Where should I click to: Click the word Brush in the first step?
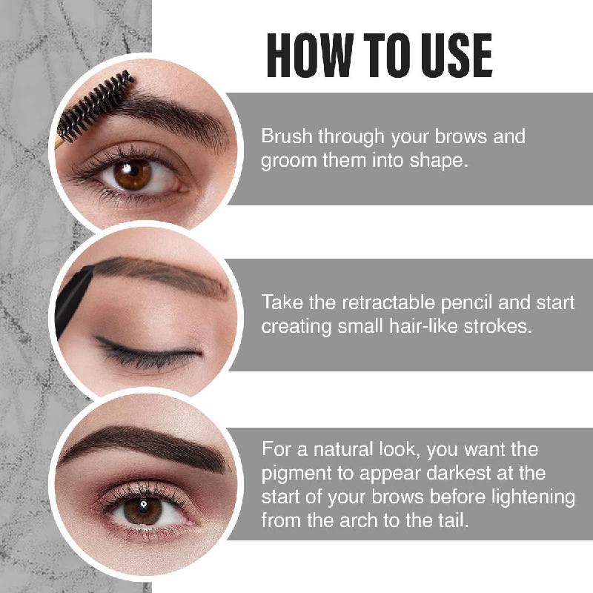coord(286,137)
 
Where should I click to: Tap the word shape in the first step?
coord(443,161)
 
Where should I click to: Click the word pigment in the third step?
coord(293,473)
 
